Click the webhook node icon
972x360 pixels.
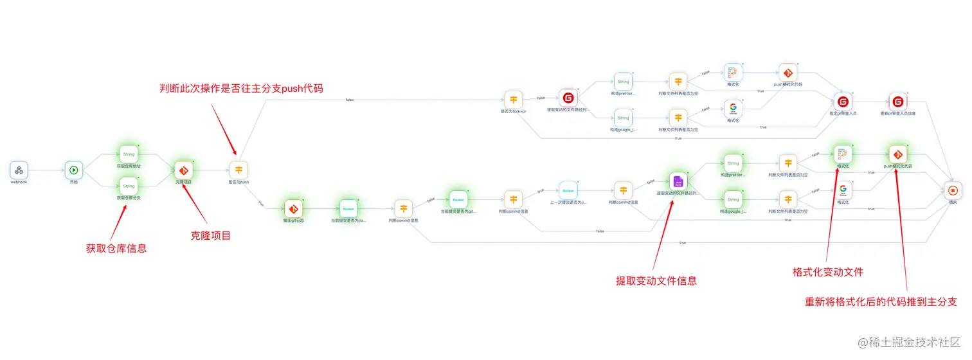(x=19, y=170)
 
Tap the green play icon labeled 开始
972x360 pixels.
(x=74, y=170)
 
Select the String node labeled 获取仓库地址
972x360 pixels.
(x=129, y=154)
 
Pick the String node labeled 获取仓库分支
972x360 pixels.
(x=129, y=186)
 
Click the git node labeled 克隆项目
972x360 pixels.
(x=184, y=170)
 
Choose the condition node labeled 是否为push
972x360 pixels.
(x=239, y=170)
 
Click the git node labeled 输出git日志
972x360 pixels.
(x=294, y=209)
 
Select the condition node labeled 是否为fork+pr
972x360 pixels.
(x=513, y=100)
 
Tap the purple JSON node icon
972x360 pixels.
(x=678, y=182)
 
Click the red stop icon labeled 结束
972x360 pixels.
(x=953, y=190)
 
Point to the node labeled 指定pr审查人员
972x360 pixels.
(x=843, y=102)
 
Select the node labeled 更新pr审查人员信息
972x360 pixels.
(x=898, y=102)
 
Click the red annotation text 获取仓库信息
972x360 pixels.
(x=116, y=248)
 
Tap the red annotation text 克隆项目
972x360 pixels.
(x=211, y=236)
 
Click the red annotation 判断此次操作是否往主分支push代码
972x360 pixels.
(x=241, y=88)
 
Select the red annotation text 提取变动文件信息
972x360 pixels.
(x=656, y=280)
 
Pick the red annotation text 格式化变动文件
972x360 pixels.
(x=828, y=272)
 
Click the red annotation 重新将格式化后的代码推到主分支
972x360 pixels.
(x=881, y=301)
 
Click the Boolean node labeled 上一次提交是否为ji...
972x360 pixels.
(x=568, y=190)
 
